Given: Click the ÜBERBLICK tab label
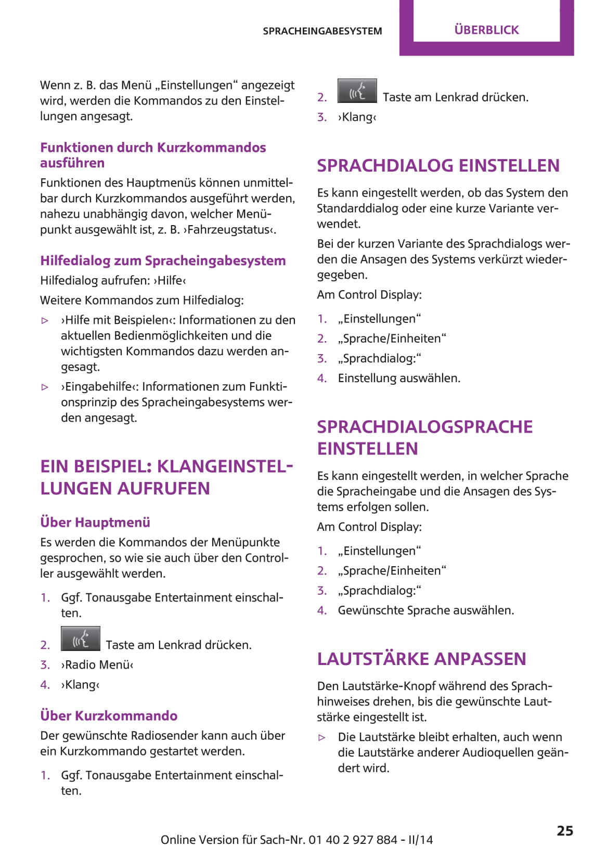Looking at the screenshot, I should point(486,30).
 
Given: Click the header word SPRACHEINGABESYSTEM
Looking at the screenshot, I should point(322,31).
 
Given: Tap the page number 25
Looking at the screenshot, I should point(564,830).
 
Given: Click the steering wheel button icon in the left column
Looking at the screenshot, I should point(80,639).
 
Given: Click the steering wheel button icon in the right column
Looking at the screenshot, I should point(357,91).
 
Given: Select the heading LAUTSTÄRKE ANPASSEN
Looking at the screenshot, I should point(421,659).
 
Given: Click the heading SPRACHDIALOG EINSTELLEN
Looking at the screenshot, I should point(438,165).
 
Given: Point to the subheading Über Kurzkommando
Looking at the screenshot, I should point(109,715).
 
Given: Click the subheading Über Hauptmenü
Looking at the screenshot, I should point(95,522).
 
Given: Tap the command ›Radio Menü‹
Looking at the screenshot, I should point(97,664).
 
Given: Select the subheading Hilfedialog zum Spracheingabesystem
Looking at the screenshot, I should point(163,260).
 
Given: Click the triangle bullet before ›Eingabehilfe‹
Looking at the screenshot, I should point(45,387).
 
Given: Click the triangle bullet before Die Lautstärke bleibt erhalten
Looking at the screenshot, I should point(322,737).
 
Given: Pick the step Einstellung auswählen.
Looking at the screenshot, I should point(399,378).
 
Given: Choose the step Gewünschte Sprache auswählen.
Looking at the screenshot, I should point(425,610).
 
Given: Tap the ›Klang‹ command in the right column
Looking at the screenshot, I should point(357,117).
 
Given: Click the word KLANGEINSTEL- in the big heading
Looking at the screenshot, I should point(225,466).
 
